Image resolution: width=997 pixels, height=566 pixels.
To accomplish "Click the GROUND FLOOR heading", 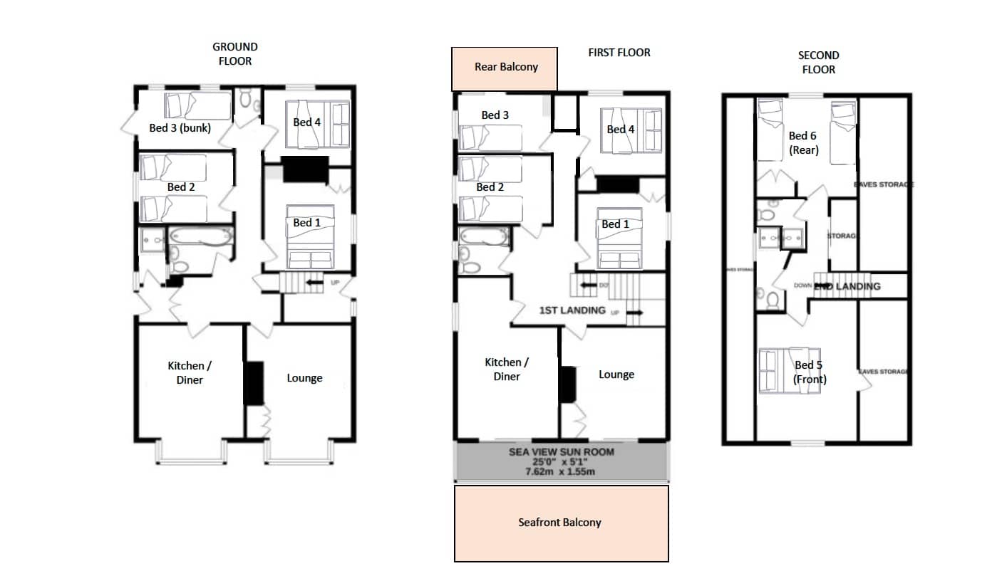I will [x=235, y=54].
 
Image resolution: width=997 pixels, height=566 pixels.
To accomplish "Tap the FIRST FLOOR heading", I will [x=619, y=53].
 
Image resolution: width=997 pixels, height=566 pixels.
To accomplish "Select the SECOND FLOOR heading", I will [x=818, y=62].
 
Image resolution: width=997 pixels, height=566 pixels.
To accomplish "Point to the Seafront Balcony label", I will [x=559, y=523].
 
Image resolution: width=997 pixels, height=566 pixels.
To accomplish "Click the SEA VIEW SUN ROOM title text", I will [x=561, y=452].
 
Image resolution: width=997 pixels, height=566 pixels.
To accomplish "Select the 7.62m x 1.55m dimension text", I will [x=561, y=471].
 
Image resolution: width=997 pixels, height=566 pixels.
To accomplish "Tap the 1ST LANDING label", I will [x=572, y=310].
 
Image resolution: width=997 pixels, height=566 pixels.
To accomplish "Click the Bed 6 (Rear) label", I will [x=803, y=142].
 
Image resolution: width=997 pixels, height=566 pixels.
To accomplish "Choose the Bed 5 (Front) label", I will [x=809, y=372].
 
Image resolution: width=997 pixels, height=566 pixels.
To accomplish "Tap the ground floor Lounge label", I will [x=304, y=378].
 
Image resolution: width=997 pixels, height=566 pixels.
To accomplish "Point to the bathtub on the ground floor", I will [x=200, y=238].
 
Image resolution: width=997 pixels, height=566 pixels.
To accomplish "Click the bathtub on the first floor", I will [x=484, y=236].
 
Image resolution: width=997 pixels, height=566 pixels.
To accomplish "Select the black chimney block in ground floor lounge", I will [x=254, y=384].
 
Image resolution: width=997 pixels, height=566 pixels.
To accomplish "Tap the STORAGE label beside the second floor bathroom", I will [x=841, y=236].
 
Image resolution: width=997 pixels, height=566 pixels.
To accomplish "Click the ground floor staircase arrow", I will [x=311, y=283].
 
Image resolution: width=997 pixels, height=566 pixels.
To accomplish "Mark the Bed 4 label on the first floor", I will [x=621, y=130].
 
